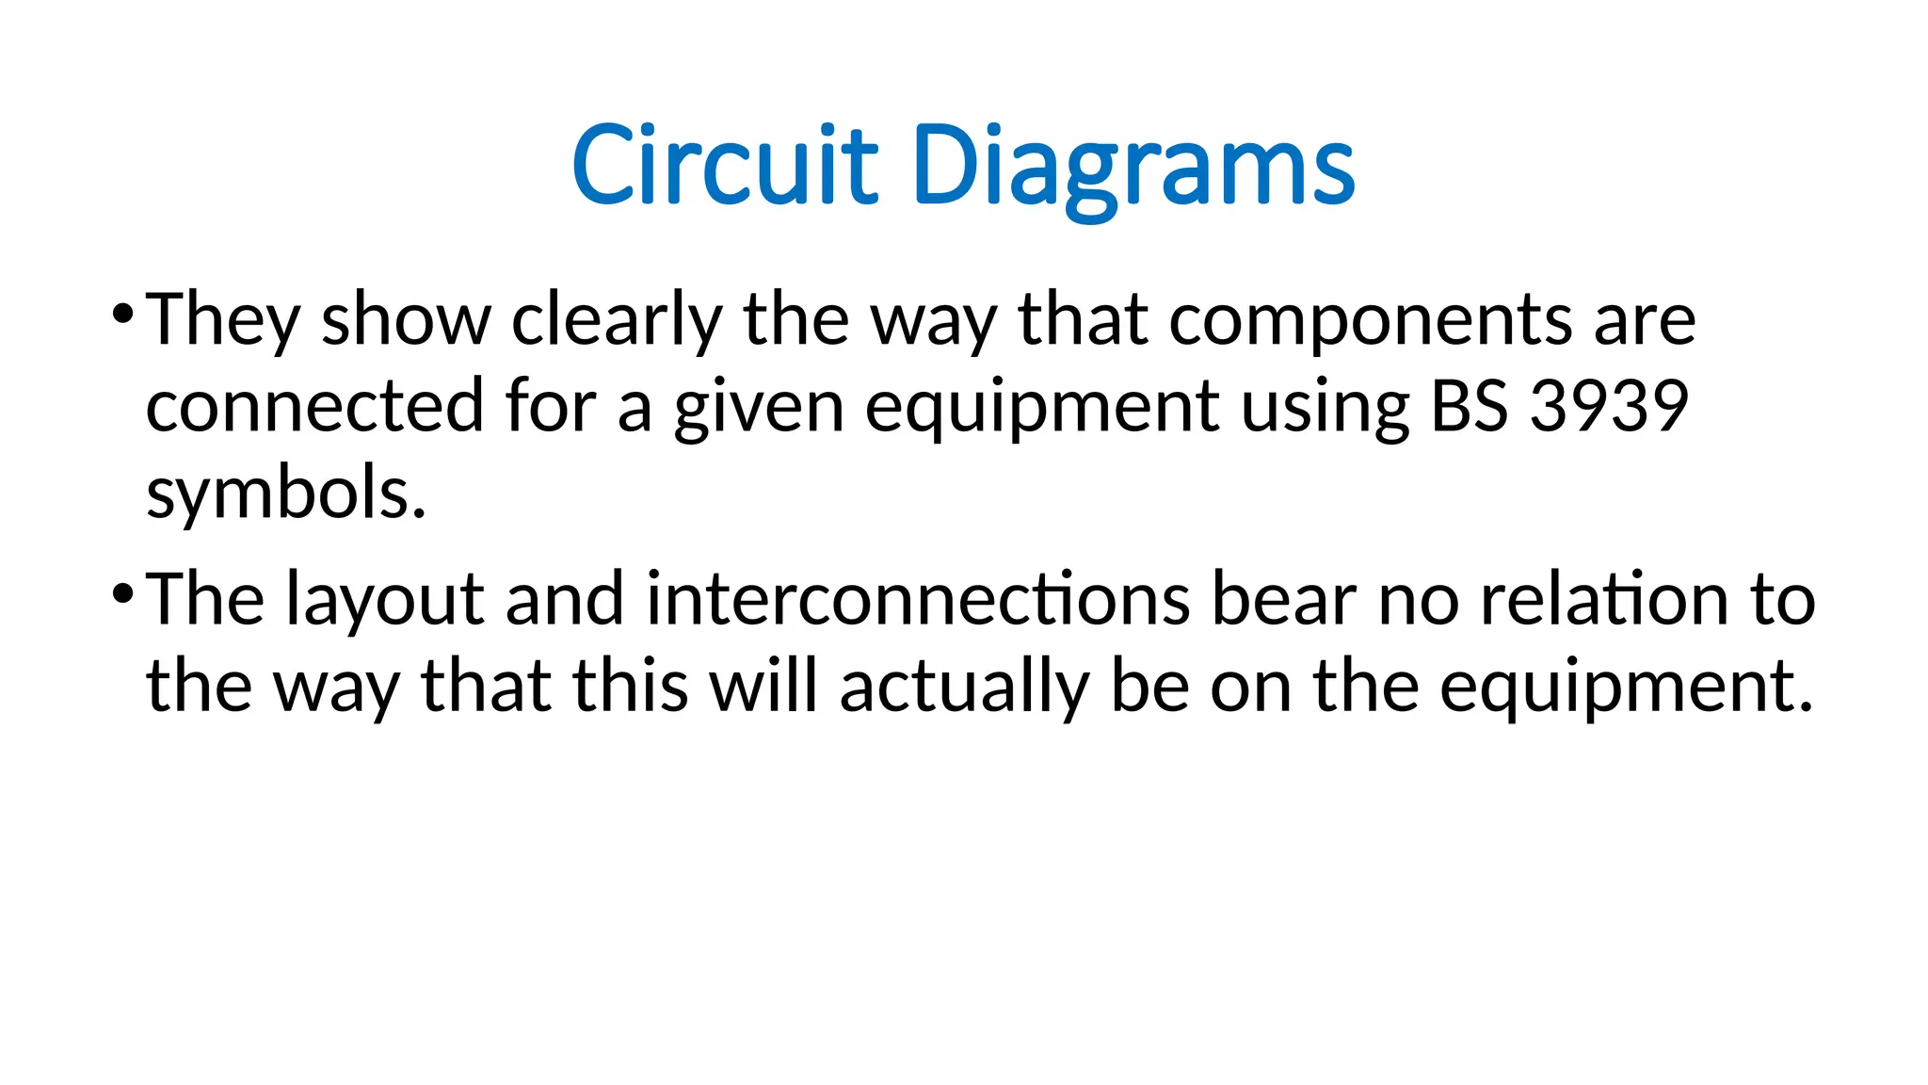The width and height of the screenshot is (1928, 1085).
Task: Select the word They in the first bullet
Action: [223, 320]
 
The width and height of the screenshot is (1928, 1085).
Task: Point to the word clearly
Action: [617, 320]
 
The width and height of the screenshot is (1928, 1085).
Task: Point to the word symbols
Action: [286, 493]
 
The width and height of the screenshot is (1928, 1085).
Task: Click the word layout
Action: [385, 601]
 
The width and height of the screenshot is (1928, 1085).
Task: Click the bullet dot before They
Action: [122, 313]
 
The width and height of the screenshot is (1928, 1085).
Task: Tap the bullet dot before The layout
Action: [122, 592]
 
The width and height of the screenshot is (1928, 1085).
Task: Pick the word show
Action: [406, 320]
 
